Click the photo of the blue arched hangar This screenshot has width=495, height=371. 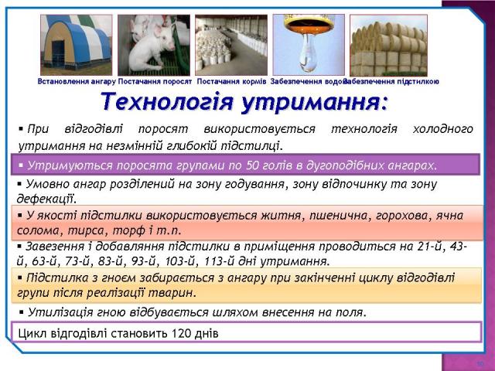point(76,45)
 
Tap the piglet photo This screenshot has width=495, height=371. point(154,45)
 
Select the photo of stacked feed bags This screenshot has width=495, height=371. point(231,45)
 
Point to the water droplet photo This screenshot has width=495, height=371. point(309,45)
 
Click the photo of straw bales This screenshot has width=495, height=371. point(388,46)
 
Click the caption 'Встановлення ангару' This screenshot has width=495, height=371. point(77,82)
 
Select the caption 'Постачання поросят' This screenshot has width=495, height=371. point(155,82)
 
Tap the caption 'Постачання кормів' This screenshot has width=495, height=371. point(232,82)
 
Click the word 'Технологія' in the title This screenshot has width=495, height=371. point(167,102)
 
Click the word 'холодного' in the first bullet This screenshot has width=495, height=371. point(443,129)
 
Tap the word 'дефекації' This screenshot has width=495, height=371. point(46,199)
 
